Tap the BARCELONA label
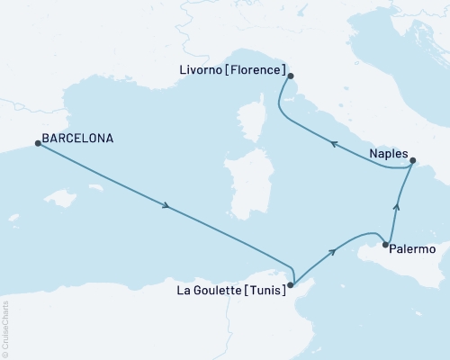(x=77, y=139)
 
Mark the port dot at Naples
(x=413, y=162)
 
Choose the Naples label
(x=388, y=154)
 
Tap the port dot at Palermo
(x=385, y=245)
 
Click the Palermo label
(x=413, y=248)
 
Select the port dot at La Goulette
(x=290, y=284)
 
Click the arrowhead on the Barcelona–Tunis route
(x=166, y=208)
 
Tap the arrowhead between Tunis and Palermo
(x=332, y=252)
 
